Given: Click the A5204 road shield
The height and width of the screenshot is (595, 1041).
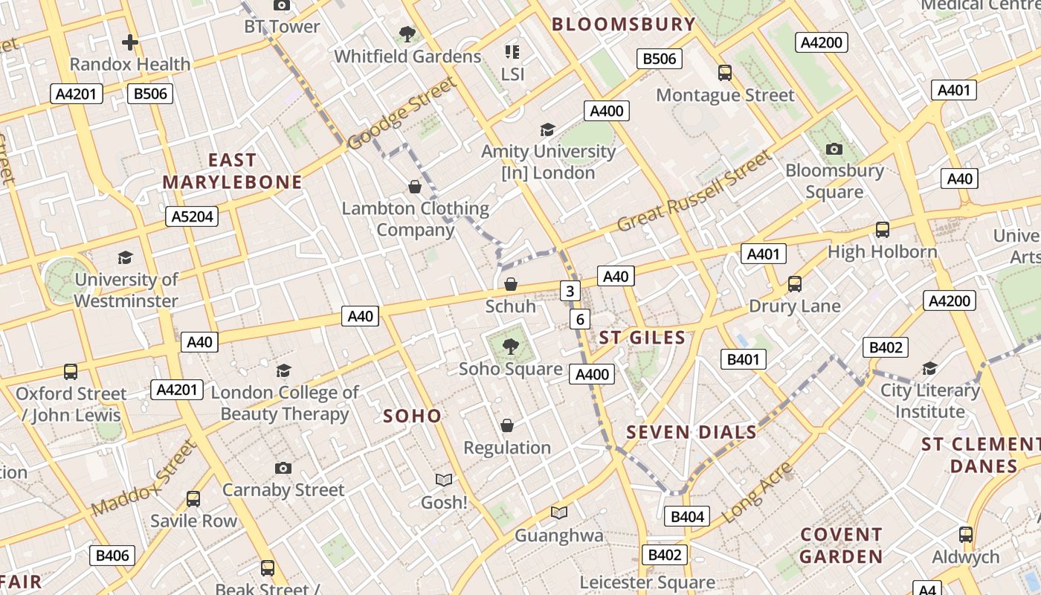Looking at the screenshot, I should [192, 216].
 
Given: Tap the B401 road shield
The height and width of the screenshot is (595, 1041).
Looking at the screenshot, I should [743, 360].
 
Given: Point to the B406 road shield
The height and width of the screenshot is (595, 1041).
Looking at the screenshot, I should [113, 555].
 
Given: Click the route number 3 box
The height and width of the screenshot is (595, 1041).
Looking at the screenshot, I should [570, 291].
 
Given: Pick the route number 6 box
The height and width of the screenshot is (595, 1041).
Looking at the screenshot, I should [580, 319].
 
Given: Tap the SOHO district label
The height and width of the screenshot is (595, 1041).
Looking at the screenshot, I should [412, 416].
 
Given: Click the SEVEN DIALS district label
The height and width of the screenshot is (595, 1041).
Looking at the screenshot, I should [691, 432].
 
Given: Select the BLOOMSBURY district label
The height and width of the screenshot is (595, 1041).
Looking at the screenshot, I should [623, 24].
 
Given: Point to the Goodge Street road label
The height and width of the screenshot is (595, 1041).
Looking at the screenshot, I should [402, 112].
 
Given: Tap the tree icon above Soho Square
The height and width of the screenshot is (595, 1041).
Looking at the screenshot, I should [510, 346].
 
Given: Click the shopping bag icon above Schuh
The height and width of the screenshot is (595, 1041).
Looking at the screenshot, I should [511, 284].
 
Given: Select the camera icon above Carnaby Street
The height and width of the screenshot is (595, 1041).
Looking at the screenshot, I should [283, 468].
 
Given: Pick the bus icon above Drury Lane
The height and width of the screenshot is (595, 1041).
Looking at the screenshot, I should [794, 283].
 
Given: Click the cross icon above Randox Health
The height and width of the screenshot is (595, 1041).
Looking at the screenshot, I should [130, 42].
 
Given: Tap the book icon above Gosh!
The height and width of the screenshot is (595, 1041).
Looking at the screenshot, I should [444, 480].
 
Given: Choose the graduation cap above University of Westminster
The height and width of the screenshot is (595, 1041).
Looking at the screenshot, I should [125, 257].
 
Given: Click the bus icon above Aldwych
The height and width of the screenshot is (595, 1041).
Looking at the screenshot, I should [965, 534].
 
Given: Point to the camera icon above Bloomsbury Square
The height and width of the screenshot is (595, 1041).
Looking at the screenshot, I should [834, 149].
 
